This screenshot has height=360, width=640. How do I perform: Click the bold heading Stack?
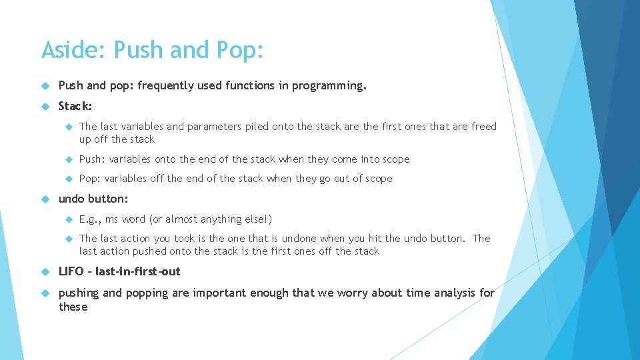[75, 106]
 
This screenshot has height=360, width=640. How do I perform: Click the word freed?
[484, 127]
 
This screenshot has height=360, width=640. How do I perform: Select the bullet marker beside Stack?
[45, 106]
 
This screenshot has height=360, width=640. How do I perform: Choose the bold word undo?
[72, 199]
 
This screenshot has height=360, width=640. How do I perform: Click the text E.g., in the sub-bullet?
[91, 219]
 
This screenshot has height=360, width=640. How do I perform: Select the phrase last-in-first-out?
[138, 271]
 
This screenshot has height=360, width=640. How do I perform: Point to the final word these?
[73, 307]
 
